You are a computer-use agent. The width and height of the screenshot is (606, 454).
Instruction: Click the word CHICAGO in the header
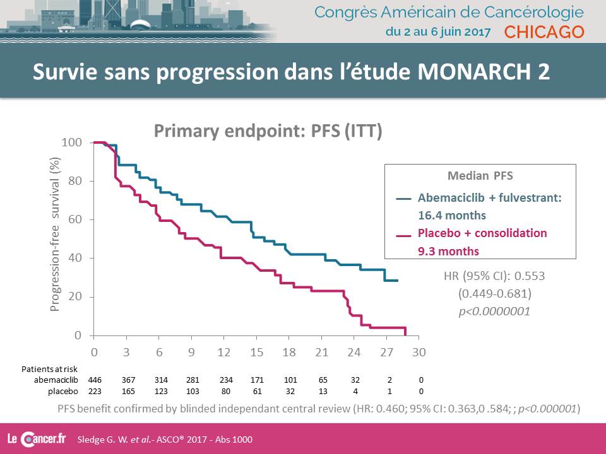(x=545, y=32)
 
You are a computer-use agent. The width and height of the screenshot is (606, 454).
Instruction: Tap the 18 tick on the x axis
(x=289, y=351)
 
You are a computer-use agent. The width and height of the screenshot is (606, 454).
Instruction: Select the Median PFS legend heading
(x=480, y=177)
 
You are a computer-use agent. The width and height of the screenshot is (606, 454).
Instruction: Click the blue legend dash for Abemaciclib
(x=403, y=198)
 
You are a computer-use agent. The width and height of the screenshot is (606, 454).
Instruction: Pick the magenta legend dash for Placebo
(x=403, y=235)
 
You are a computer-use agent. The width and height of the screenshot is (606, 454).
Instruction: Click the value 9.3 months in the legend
(x=448, y=251)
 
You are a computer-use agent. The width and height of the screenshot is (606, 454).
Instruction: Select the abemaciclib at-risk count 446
(x=94, y=380)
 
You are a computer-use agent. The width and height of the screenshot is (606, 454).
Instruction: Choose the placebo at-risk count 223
(x=94, y=391)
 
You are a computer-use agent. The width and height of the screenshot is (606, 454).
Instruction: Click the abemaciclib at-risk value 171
(x=257, y=380)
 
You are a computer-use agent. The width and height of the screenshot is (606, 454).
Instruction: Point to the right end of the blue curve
(x=398, y=280)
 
